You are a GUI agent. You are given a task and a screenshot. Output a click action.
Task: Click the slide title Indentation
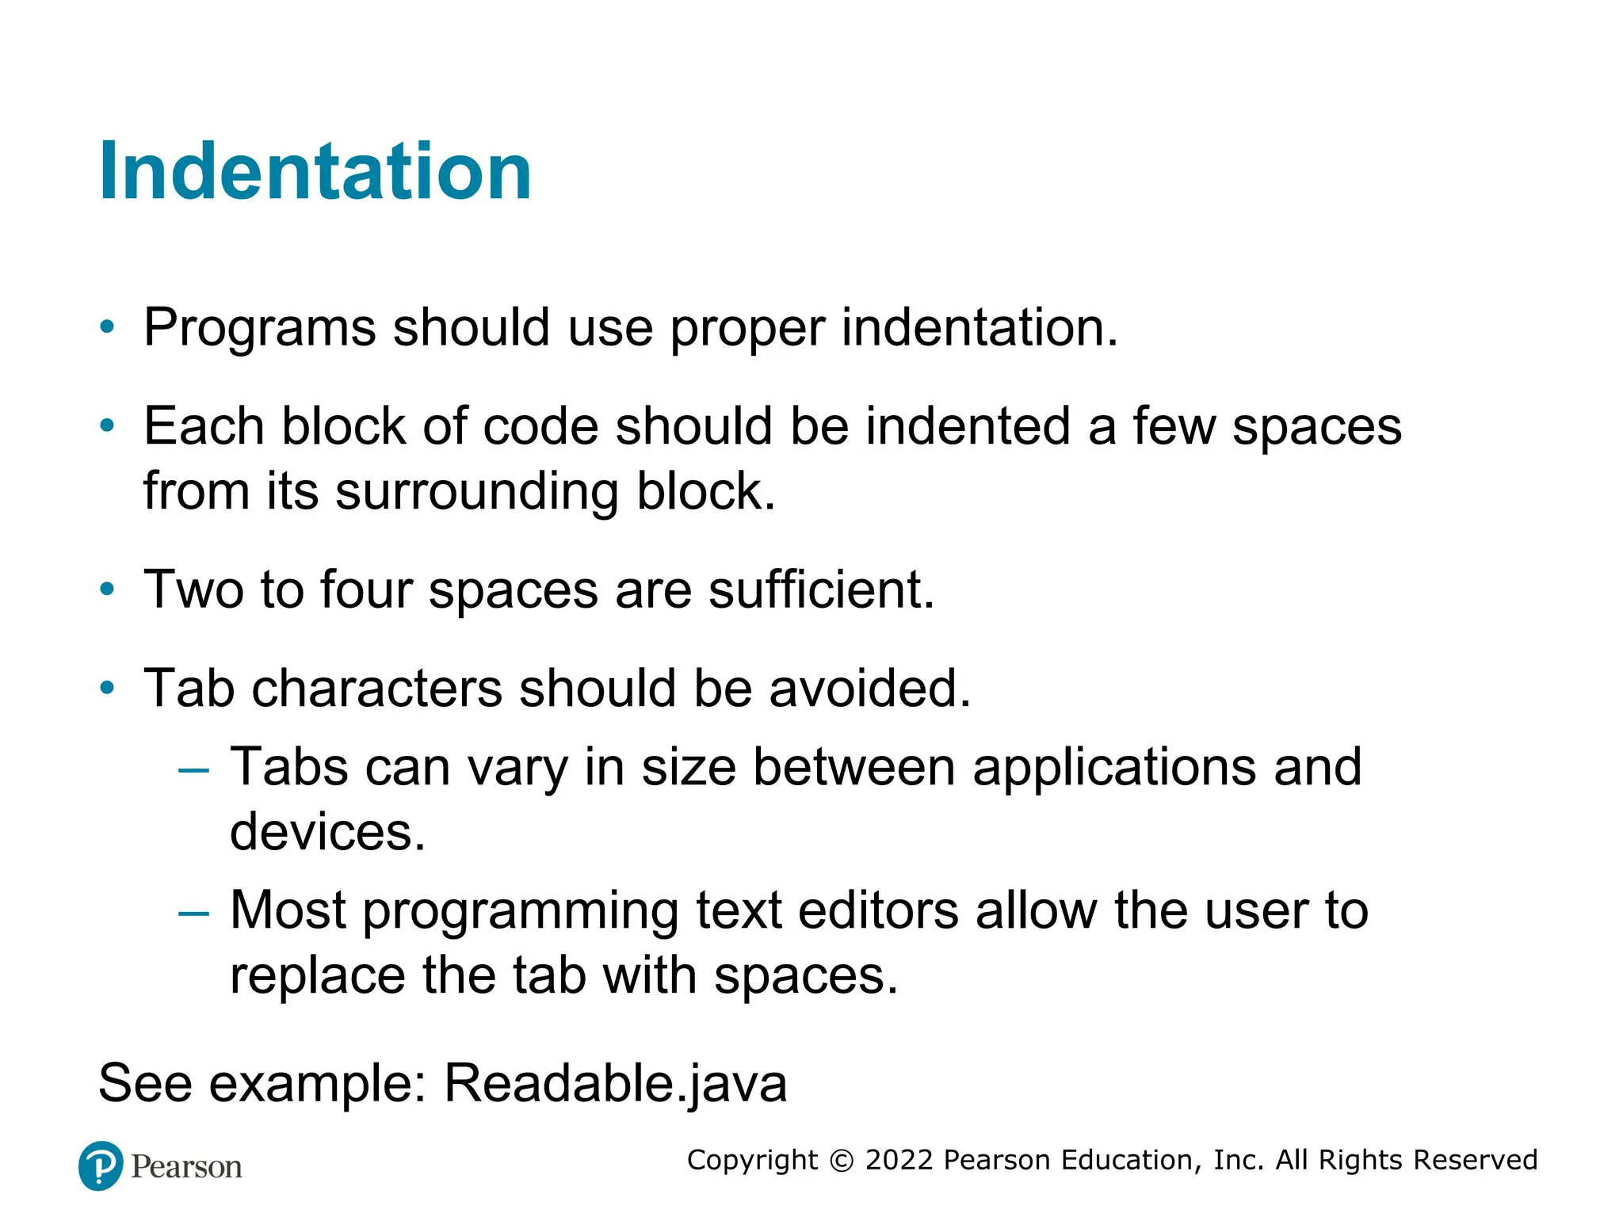tap(315, 171)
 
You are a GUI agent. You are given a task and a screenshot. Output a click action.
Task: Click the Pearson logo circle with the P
tap(101, 1165)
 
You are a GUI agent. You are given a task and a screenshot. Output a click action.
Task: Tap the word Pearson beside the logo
tap(186, 1167)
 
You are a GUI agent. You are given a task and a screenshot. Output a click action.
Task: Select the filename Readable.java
tap(615, 1082)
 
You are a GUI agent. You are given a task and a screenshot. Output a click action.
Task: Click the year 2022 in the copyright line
tap(899, 1160)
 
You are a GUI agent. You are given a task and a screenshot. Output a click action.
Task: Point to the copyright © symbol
tap(842, 1161)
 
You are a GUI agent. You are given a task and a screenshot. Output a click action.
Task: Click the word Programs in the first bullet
tap(259, 327)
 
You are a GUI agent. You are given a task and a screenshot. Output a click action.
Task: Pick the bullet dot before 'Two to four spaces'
tap(108, 589)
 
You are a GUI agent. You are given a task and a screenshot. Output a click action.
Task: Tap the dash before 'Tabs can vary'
tap(194, 769)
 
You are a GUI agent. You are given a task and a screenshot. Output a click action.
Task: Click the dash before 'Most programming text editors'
tap(194, 912)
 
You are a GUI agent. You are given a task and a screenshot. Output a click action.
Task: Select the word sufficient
tap(821, 589)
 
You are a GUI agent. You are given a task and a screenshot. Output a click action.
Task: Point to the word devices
tap(327, 832)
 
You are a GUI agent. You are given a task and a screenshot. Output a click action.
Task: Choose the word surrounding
tap(476, 491)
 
